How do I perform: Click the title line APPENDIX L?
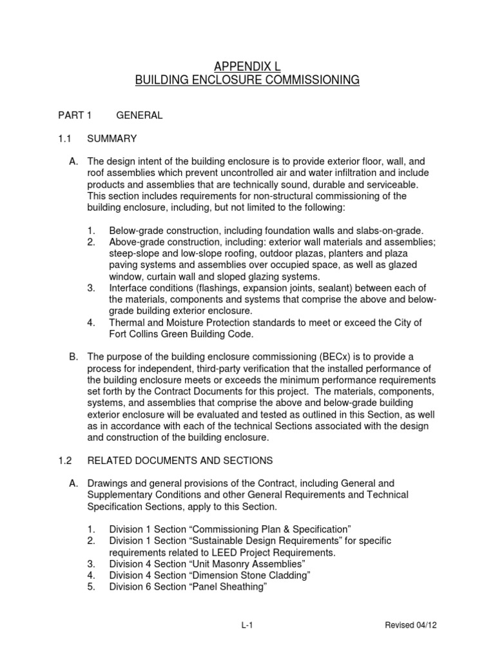click(247, 66)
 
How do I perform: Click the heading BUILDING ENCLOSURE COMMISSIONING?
click(247, 81)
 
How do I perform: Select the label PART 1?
click(75, 115)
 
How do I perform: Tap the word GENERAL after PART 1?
click(139, 115)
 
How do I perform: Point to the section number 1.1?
click(65, 139)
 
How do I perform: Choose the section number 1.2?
click(65, 460)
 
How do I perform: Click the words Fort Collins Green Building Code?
click(178, 334)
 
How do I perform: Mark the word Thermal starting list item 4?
click(127, 322)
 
